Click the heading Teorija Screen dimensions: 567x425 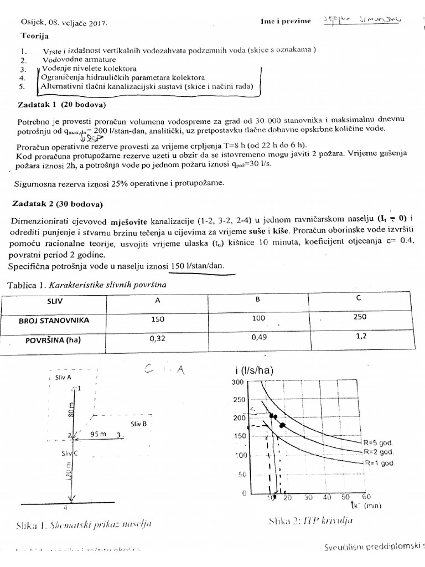[x=36, y=35]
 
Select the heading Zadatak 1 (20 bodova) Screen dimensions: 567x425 [x=62, y=104]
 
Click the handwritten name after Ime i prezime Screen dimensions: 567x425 [x=362, y=20]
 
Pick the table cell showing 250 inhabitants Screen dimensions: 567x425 [x=361, y=318]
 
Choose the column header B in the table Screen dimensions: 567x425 [x=257, y=299]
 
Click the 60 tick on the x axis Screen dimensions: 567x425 [x=366, y=497]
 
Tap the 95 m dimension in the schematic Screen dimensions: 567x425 [x=97, y=435]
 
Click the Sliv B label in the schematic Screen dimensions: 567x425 [x=138, y=424]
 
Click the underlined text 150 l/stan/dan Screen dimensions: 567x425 [x=198, y=266]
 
